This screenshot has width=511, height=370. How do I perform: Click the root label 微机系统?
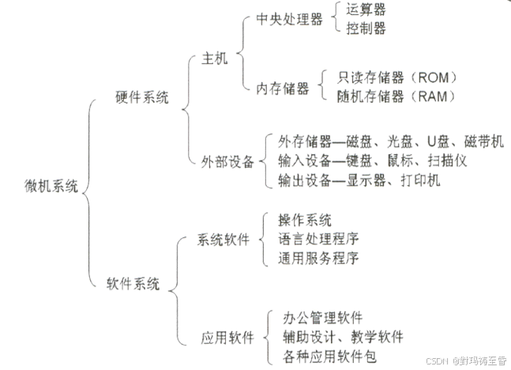coord(51,187)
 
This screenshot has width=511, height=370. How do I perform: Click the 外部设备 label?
coord(227,161)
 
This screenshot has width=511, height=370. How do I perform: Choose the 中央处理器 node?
coord(290,20)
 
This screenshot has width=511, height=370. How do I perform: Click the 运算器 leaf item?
coord(366,10)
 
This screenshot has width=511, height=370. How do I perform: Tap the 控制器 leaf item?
coord(366,29)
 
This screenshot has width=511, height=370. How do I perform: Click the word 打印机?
coord(419,181)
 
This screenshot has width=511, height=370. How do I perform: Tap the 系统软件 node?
coord(223,239)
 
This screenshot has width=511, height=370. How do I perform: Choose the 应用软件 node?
coord(227,338)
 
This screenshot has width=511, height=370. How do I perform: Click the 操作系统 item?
coord(305,219)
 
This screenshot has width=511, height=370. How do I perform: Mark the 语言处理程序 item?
coord(318,239)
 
